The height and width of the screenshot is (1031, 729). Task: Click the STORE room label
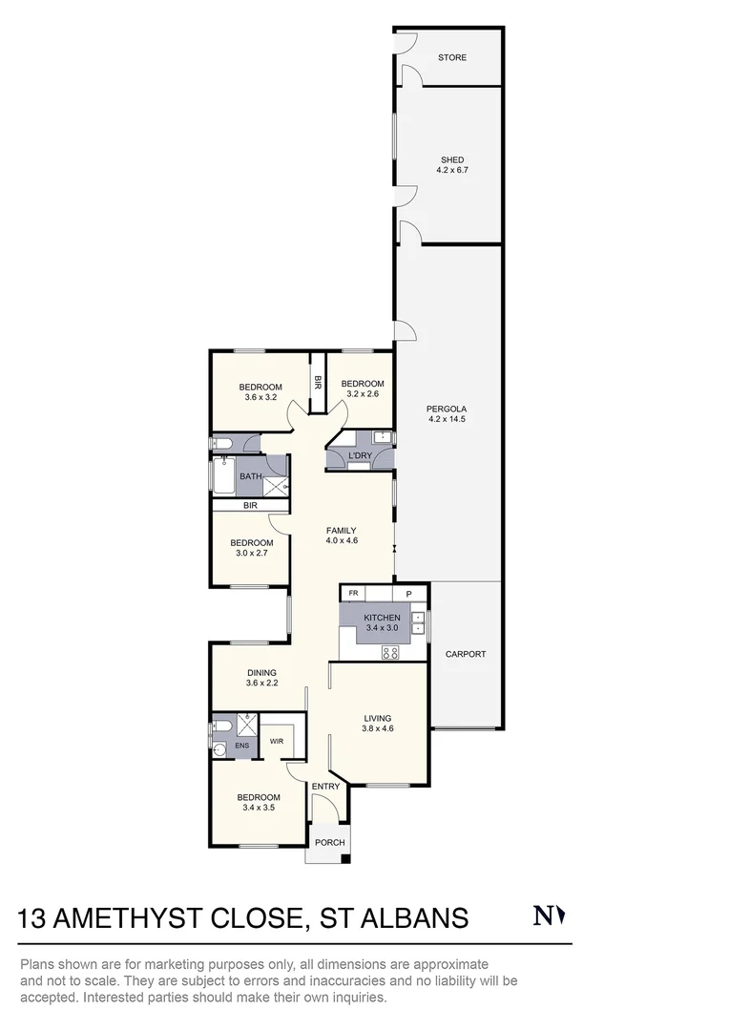coord(452,57)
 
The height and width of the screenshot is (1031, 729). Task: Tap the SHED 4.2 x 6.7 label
coord(452,165)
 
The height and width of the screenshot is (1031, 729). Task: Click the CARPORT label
coord(466,654)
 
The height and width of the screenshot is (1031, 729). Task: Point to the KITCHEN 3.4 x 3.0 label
coord(382,622)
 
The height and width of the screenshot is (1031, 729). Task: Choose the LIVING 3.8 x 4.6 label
coord(378,723)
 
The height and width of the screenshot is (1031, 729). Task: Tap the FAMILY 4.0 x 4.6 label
coord(341,536)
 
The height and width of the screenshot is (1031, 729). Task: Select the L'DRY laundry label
coord(360,455)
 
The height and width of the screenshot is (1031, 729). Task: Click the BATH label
coord(250,476)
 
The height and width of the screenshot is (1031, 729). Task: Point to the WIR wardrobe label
coord(277,740)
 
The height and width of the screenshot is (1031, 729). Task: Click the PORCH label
coord(329,842)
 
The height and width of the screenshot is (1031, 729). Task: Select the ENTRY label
coord(325,787)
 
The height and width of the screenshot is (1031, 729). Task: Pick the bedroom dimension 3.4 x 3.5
coord(259,808)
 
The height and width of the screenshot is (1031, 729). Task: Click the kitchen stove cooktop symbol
coord(390,653)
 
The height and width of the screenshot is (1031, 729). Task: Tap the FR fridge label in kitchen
coord(353,593)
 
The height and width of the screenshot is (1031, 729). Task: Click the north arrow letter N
coord(542,916)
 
